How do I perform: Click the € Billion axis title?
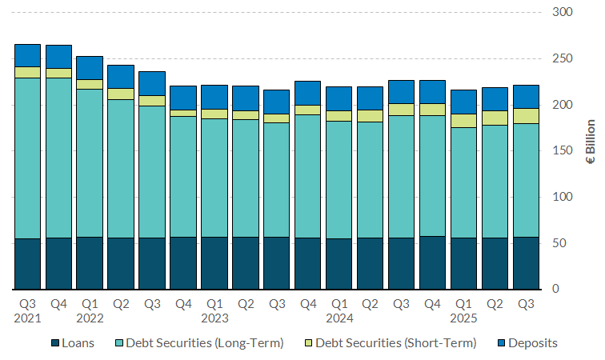click(591, 151)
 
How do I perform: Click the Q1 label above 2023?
click(214, 303)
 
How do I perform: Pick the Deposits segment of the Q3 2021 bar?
click(27, 55)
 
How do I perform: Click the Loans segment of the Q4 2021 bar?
click(58, 263)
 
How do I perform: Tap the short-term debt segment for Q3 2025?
click(526, 116)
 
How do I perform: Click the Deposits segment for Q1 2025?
click(463, 102)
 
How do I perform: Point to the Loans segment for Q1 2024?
click(339, 263)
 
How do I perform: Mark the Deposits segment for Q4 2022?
click(183, 98)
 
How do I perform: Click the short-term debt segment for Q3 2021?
click(27, 72)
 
